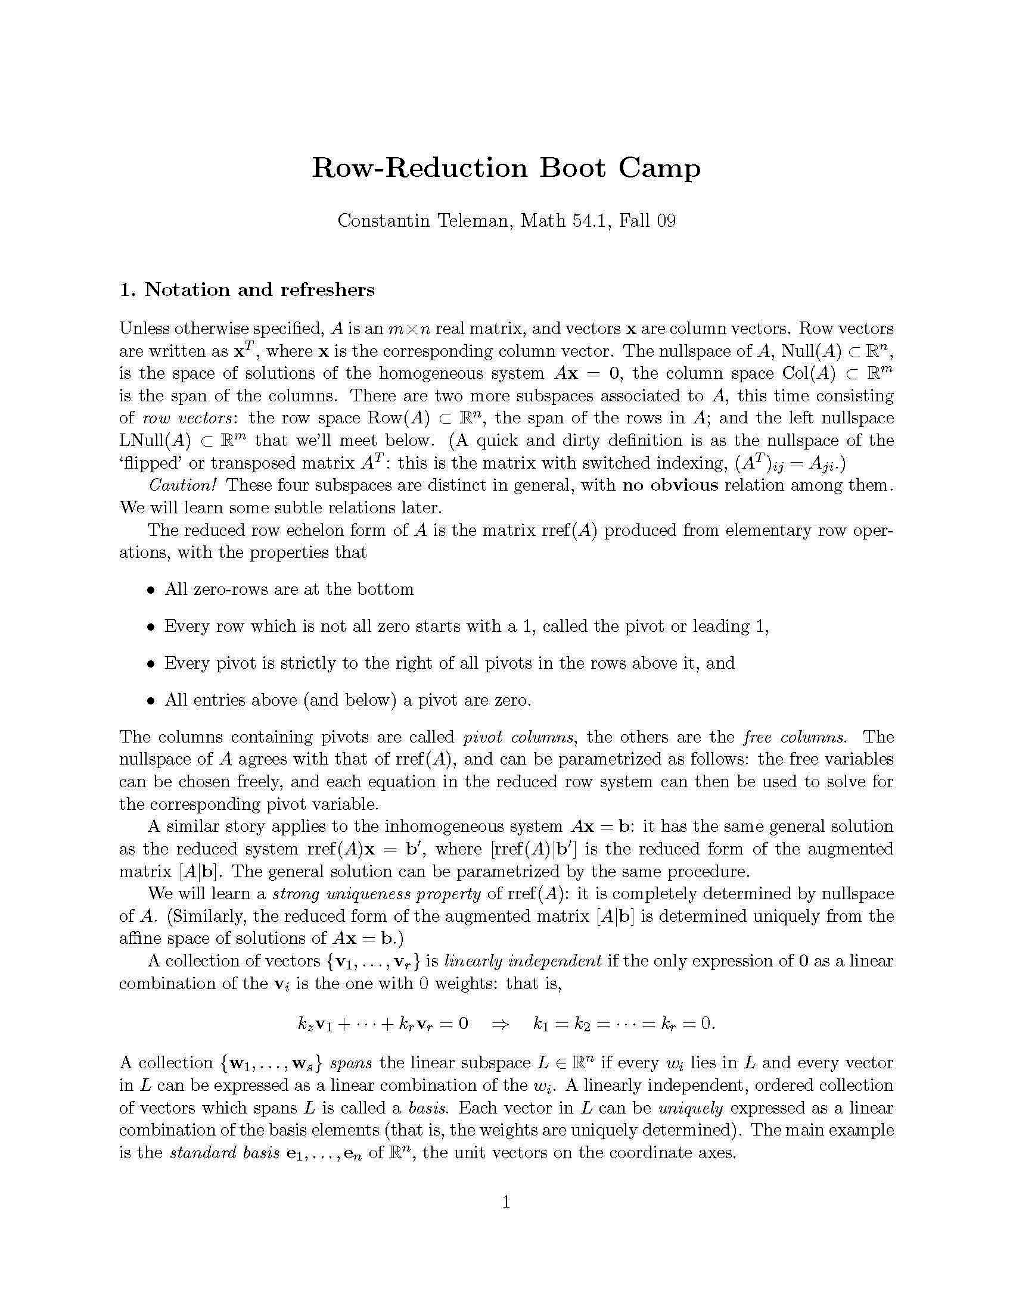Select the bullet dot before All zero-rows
click(x=151, y=590)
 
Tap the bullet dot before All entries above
click(x=151, y=701)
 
